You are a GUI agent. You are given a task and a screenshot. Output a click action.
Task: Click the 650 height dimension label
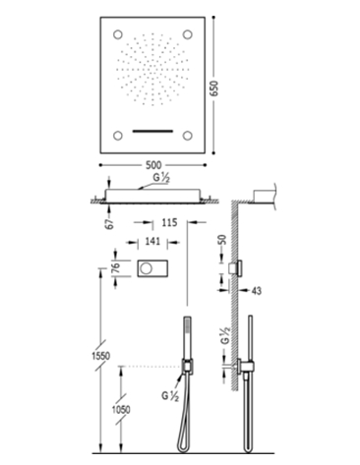214,88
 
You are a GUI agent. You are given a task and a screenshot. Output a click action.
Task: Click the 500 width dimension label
152,165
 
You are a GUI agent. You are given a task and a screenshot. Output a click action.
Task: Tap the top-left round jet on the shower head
118,34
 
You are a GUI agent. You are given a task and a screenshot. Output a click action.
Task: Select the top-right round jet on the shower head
187,34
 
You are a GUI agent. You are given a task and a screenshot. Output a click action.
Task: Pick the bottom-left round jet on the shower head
118,136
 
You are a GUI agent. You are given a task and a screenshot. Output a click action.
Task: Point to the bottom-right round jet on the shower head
187,136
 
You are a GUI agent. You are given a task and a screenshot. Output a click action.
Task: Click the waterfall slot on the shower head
152,132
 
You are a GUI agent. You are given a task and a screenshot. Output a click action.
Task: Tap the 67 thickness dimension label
110,223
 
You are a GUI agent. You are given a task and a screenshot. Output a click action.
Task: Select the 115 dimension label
169,222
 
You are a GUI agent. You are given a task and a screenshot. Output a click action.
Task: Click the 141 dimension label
152,242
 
